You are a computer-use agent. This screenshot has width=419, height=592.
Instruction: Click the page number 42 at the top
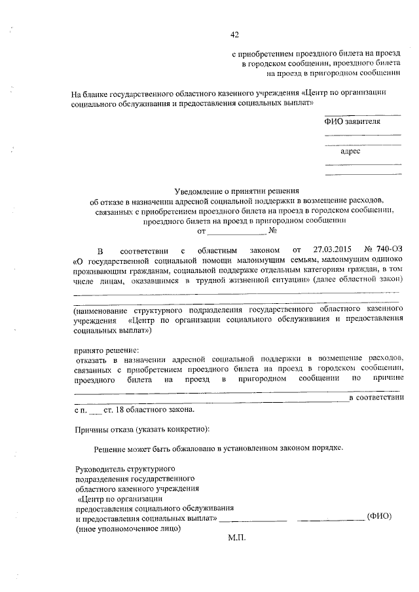click(234, 35)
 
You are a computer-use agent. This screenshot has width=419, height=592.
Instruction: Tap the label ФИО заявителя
click(352, 121)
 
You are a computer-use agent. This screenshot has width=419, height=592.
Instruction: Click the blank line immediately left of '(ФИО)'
click(331, 519)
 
